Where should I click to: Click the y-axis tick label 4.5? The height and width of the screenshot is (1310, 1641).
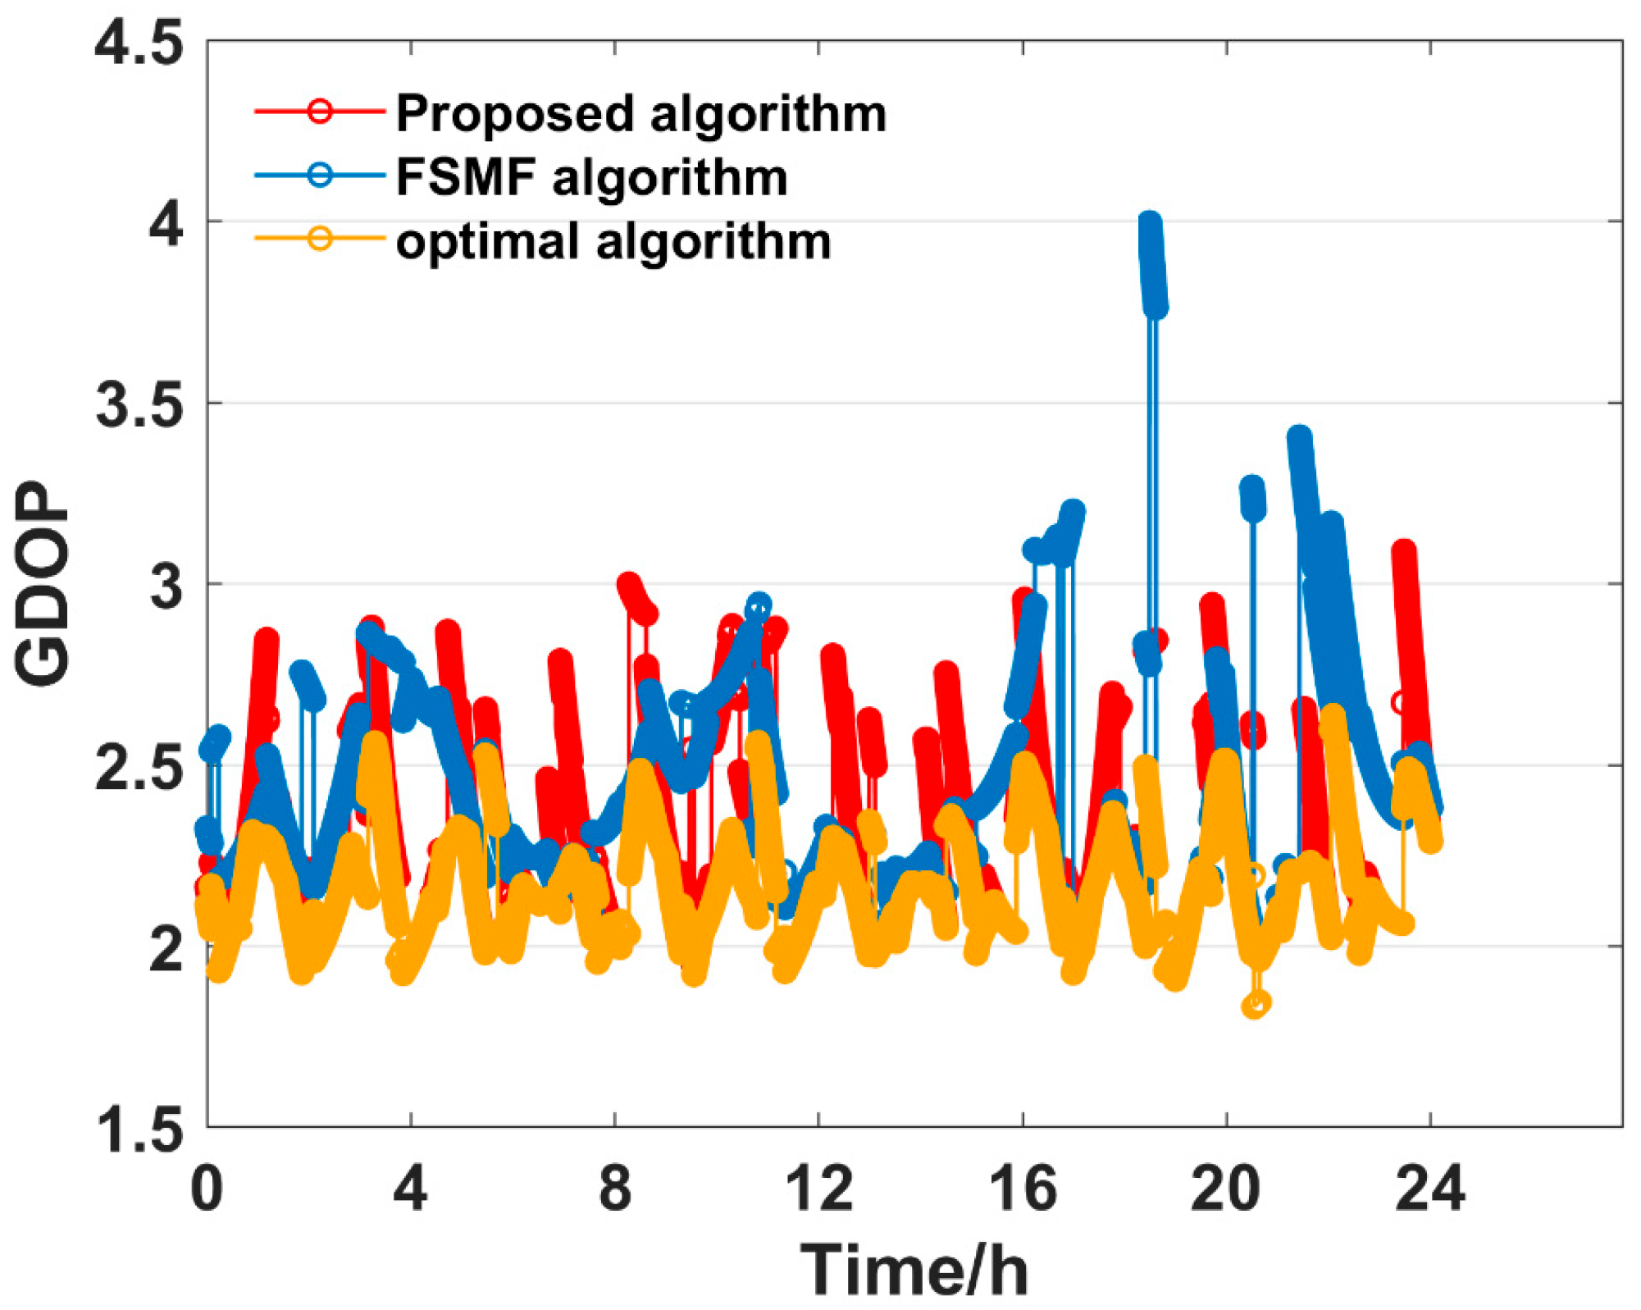click(138, 43)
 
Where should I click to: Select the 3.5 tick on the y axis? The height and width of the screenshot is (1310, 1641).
click(138, 404)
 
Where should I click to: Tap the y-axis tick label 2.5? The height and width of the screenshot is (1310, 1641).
click(138, 767)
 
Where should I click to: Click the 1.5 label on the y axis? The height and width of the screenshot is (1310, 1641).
click(138, 1130)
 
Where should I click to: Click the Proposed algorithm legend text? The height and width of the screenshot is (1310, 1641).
click(640, 112)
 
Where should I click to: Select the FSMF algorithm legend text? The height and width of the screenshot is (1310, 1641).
click(590, 176)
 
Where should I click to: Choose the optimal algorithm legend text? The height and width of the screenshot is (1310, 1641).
click(613, 241)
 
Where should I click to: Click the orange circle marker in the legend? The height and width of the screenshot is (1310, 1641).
click(320, 239)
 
